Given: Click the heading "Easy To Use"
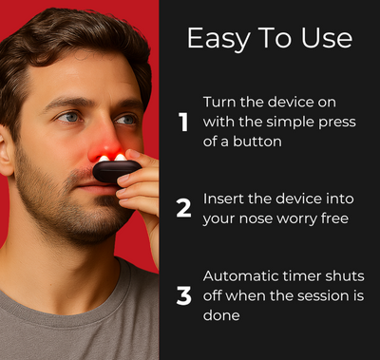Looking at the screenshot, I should pyautogui.click(x=269, y=38).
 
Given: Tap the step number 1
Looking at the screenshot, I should pyautogui.click(x=183, y=122).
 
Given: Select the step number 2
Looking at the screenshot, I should pyautogui.click(x=183, y=209).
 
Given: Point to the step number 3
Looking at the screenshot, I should pyautogui.click(x=183, y=295).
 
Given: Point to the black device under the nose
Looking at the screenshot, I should pyautogui.click(x=117, y=172).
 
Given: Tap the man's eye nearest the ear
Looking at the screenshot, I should pyautogui.click(x=68, y=117).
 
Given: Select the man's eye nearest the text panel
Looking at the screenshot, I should pyautogui.click(x=125, y=120).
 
